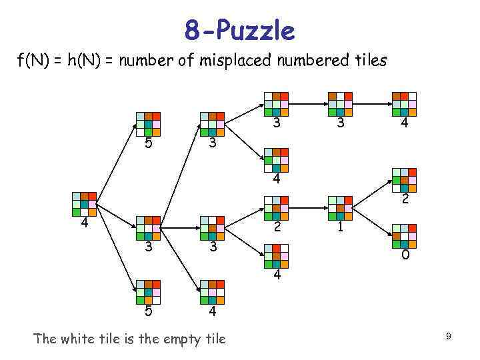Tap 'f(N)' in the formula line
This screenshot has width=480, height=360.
point(32,61)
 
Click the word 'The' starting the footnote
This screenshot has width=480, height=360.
point(45,339)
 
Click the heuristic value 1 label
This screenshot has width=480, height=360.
point(340,227)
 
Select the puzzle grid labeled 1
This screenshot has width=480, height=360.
point(339,208)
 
